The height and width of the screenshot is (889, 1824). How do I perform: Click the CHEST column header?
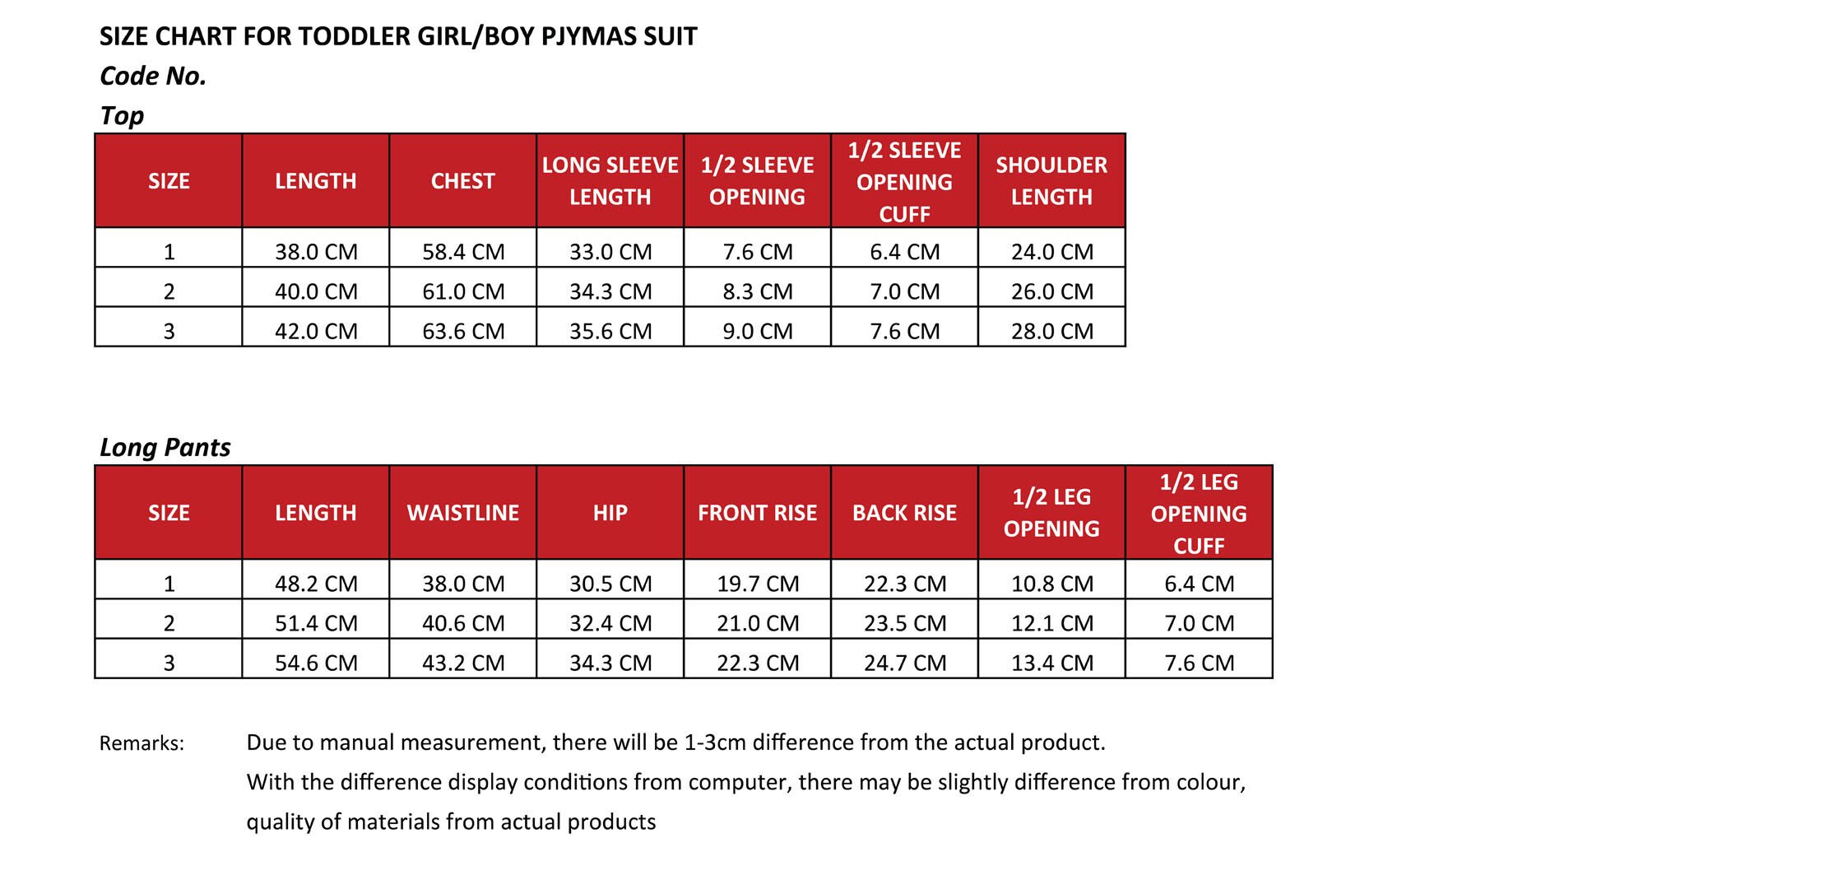462,181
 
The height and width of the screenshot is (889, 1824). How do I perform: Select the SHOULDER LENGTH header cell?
1051,181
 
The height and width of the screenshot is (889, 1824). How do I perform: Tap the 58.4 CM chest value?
463,251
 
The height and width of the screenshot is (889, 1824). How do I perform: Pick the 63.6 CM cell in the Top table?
463,331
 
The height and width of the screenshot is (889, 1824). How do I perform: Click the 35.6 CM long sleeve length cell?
610,331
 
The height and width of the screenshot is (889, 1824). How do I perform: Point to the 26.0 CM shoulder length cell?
1052,291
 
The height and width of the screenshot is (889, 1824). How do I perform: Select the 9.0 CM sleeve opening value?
758,331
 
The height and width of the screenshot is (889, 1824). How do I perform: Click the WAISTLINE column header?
462,513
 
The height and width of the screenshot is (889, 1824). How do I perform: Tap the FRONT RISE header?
757,513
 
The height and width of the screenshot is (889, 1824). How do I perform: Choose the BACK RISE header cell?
904,513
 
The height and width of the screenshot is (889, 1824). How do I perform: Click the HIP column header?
610,513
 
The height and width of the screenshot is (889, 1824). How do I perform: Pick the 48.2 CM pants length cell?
316,584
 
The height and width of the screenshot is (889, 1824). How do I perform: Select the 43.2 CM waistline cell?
463,663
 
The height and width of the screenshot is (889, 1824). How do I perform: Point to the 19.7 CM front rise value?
758,584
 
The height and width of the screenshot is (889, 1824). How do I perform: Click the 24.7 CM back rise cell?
905,663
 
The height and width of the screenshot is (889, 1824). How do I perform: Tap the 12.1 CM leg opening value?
1052,623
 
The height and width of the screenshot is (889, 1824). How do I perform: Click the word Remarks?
142,743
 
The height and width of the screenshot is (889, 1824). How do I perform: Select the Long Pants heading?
165,447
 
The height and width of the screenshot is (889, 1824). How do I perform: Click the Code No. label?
153,76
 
